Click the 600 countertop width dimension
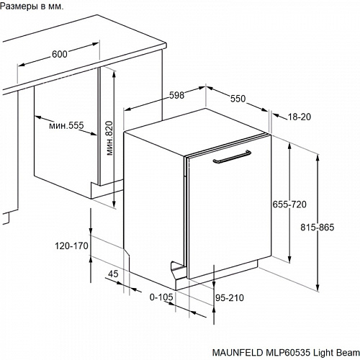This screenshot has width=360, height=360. click(x=60, y=54)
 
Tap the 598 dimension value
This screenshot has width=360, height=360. click(x=177, y=95)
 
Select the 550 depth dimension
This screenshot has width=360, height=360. click(x=238, y=99)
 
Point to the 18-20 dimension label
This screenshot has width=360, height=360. click(x=299, y=117)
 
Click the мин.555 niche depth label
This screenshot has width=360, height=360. click(x=66, y=125)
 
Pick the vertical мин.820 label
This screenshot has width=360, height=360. click(x=109, y=138)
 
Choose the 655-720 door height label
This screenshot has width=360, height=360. click(x=289, y=204)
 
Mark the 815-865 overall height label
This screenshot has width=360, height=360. click(x=318, y=228)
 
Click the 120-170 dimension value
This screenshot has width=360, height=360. click(x=72, y=246)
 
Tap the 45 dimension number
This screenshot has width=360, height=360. click(x=113, y=274)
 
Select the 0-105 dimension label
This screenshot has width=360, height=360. click(x=161, y=297)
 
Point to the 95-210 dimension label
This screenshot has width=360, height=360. click(x=230, y=298)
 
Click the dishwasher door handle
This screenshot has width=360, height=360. click(x=232, y=157)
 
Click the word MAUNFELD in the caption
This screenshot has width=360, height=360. click(x=238, y=353)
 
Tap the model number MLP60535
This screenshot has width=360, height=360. click(x=287, y=353)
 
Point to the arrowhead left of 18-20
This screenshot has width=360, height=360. click(x=276, y=116)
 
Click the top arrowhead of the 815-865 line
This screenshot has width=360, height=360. click(x=318, y=158)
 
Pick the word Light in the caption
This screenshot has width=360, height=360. click(x=321, y=353)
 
